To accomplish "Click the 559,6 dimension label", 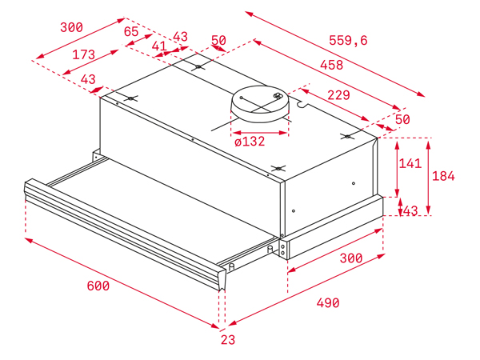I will [x=348, y=41].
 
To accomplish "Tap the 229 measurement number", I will [x=339, y=95].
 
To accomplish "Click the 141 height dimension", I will [x=410, y=163].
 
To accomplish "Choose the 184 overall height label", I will [x=443, y=176].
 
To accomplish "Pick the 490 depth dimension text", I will [x=328, y=303].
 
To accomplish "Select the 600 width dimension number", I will [x=98, y=286].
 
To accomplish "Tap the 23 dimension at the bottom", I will [x=227, y=339].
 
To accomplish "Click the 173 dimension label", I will [x=83, y=55].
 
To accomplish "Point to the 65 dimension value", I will [x=131, y=32].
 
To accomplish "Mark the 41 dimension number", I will [x=159, y=46].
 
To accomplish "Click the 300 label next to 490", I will [x=350, y=258].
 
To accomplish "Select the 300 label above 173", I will [x=71, y=27].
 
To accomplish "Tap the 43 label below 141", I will [x=410, y=211].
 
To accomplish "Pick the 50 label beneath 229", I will [x=402, y=119].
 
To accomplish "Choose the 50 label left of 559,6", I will [x=218, y=41].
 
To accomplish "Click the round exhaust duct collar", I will [x=260, y=105].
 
